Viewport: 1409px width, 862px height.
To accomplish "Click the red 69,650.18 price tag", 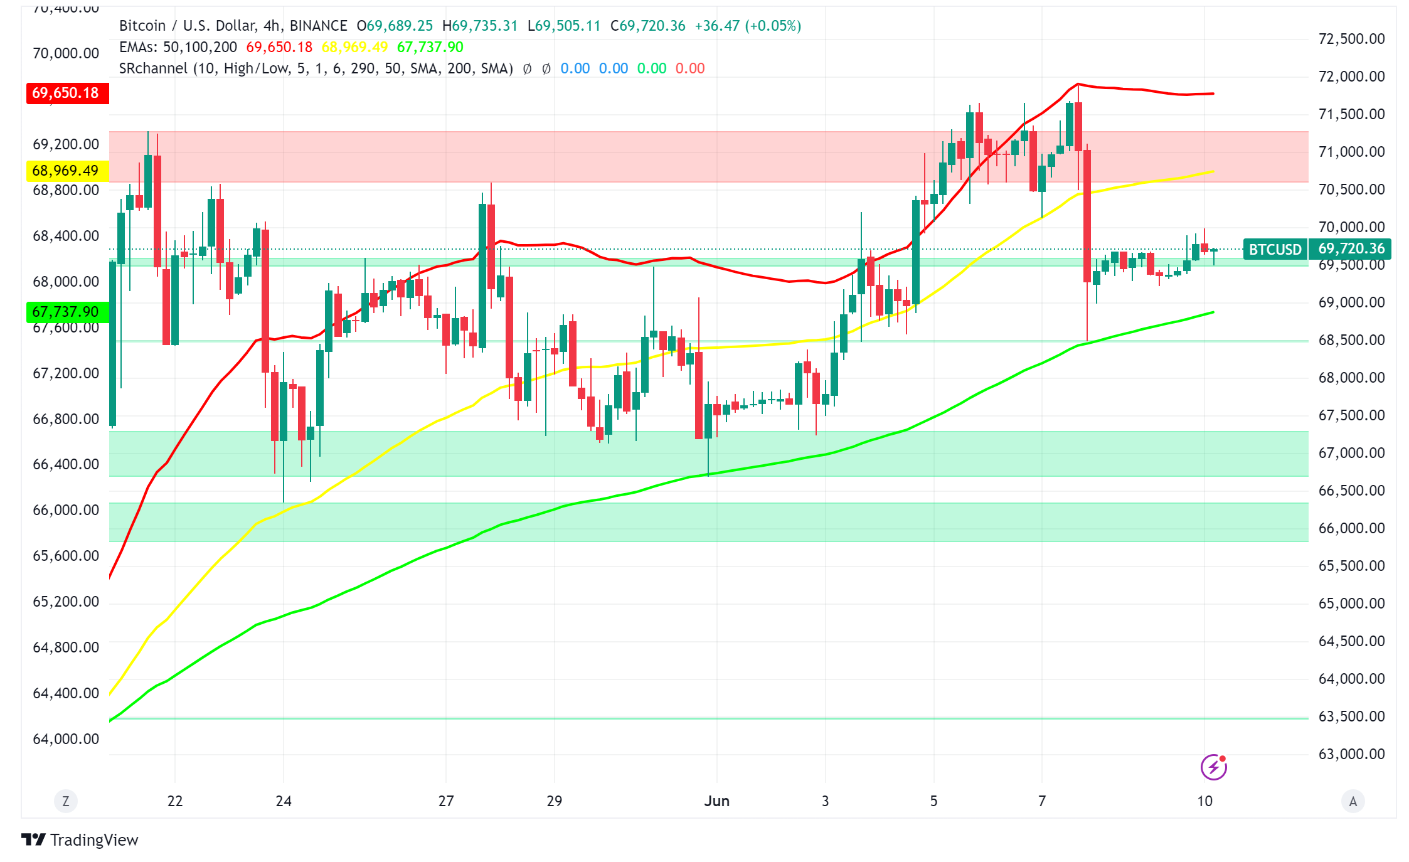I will coord(66,93).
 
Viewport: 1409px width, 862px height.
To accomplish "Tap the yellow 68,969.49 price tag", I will coord(66,171).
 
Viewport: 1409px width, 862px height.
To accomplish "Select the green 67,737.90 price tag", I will coord(66,312).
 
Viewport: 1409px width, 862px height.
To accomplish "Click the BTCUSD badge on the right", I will coord(1274,249).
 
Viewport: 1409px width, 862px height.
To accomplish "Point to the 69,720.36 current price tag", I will coord(1351,248).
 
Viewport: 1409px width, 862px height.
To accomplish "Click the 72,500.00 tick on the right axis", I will coord(1351,39).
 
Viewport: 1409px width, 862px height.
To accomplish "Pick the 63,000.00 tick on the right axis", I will coord(1351,754).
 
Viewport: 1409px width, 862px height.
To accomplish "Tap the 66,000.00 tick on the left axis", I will coord(66,510).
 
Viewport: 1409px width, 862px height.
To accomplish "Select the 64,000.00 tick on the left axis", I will coord(66,739).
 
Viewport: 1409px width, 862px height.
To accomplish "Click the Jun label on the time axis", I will coord(716,801).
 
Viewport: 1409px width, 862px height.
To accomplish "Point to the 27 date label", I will coord(445,801).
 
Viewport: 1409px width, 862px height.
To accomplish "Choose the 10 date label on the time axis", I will coord(1204,801).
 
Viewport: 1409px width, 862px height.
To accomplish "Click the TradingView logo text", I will coord(93,840).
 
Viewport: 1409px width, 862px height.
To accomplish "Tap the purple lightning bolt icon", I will coord(1213,767).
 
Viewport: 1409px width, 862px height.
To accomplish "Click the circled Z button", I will coord(66,801).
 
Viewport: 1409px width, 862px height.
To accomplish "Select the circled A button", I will coord(1353,801).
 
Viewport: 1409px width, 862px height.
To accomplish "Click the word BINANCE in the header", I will coord(318,26).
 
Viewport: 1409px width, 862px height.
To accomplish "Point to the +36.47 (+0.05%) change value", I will coord(747,26).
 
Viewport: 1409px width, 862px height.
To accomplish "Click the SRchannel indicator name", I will coord(152,68).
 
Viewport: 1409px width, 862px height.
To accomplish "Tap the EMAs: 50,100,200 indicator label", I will coord(178,47).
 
